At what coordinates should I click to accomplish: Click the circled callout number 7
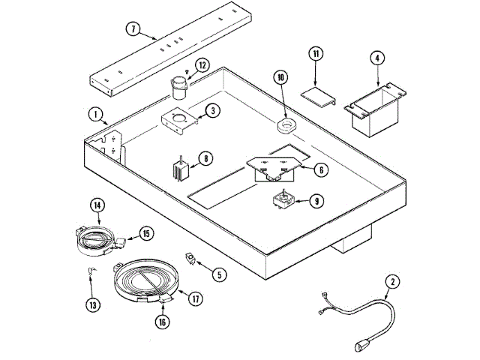132,30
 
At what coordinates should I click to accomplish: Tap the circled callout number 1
97,115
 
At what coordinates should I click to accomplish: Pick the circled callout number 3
212,111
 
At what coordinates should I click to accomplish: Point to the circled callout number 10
281,76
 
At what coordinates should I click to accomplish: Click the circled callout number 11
315,55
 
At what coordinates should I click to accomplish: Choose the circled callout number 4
376,57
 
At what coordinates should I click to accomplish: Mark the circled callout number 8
204,159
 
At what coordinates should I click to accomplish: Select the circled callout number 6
320,170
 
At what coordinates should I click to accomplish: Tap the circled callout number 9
316,200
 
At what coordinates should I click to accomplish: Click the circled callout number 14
97,205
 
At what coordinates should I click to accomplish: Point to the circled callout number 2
391,282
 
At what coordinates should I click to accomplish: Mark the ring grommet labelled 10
286,125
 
